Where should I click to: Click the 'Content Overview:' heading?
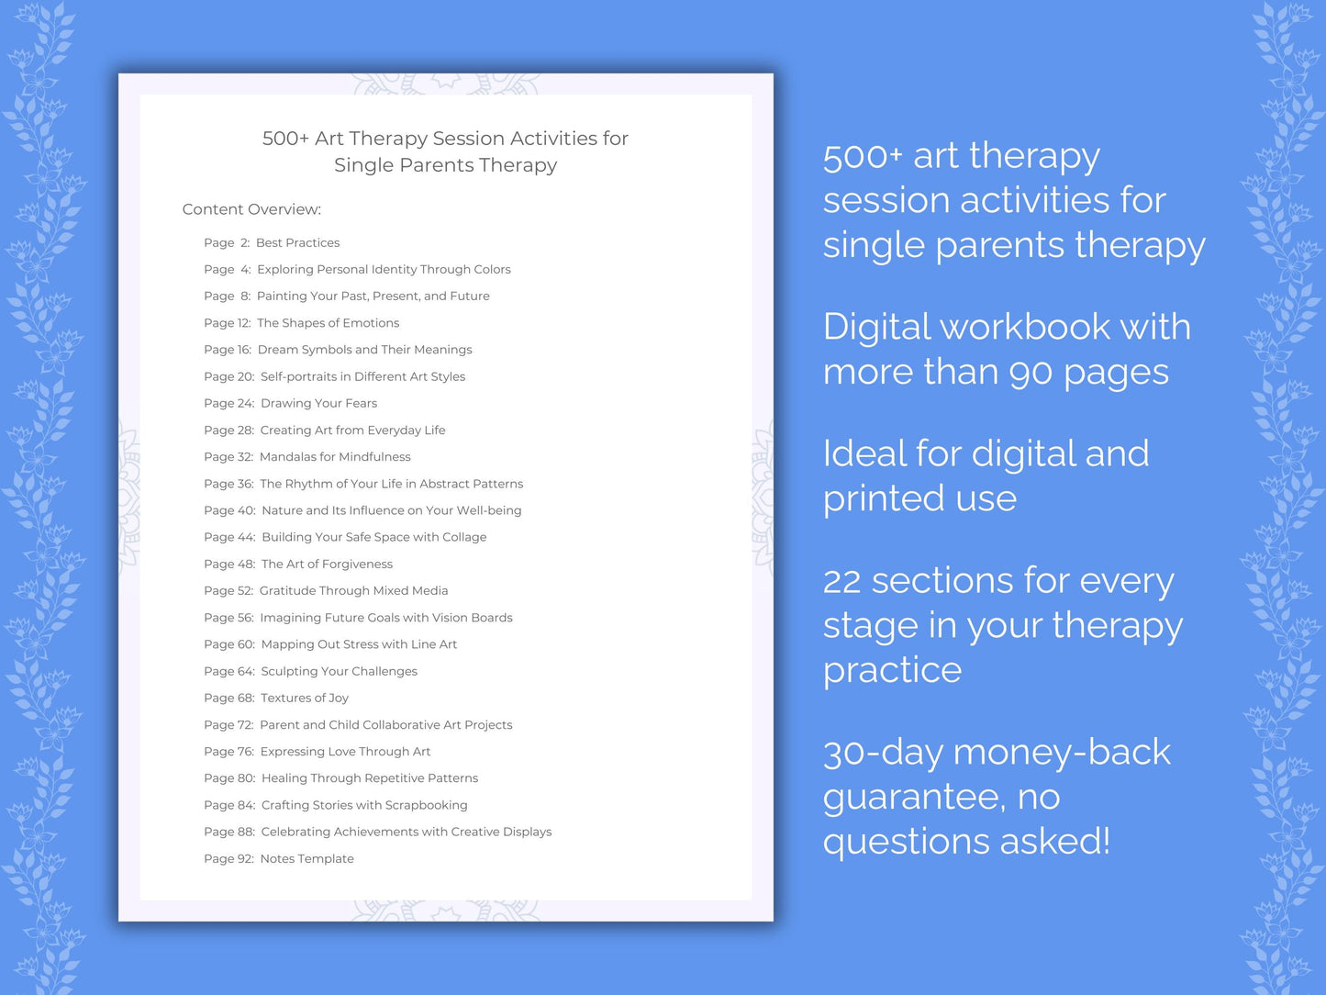click(x=251, y=209)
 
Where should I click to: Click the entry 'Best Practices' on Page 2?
click(x=297, y=243)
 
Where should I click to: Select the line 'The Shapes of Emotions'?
click(x=328, y=323)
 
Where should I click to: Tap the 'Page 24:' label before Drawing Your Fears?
click(x=228, y=404)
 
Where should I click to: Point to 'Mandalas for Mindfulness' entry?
click(x=335, y=457)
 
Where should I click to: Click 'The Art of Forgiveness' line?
click(x=327, y=565)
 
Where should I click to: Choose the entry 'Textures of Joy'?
click(x=305, y=699)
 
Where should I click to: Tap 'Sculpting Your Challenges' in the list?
click(x=339, y=672)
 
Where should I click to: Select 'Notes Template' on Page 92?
click(x=306, y=859)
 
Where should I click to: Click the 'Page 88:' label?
click(x=228, y=833)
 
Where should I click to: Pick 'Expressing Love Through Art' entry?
click(x=345, y=752)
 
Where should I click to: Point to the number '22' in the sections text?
click(x=841, y=582)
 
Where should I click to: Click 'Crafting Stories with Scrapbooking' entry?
click(x=364, y=806)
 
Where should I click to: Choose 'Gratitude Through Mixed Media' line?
click(x=353, y=591)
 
